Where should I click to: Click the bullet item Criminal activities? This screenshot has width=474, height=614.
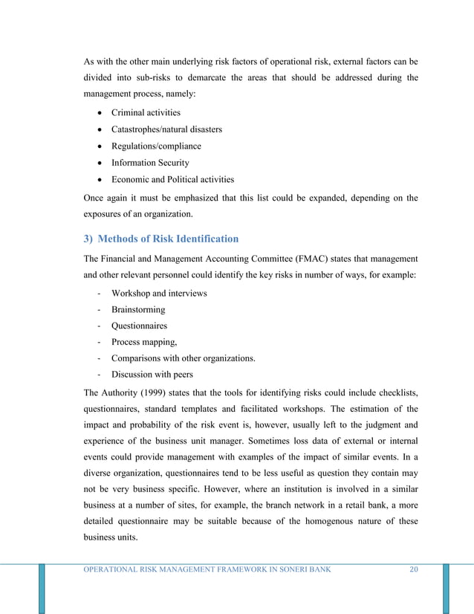click(x=146, y=113)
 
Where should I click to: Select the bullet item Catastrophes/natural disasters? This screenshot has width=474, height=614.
click(x=166, y=129)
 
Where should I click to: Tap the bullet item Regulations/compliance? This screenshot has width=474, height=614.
click(x=156, y=146)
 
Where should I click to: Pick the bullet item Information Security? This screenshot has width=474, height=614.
click(x=150, y=163)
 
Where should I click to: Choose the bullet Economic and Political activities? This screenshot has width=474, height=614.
click(x=172, y=179)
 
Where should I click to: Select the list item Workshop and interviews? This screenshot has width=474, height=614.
click(x=159, y=293)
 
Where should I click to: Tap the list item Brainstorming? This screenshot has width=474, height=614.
click(x=138, y=309)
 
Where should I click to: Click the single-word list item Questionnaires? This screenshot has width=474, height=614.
click(x=140, y=326)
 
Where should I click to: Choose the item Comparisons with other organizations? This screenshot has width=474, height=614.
click(x=184, y=358)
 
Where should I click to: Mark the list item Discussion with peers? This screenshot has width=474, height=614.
click(x=152, y=375)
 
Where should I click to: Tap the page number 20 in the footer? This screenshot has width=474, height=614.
click(x=415, y=570)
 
